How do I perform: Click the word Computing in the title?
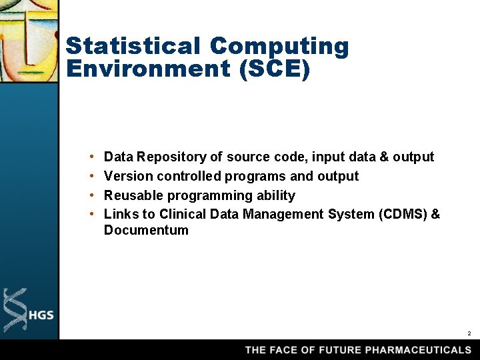click(x=279, y=47)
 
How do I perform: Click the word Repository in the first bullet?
click(x=172, y=157)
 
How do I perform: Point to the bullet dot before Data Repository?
click(x=90, y=157)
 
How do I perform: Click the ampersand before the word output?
click(x=383, y=157)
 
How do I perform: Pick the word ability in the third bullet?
click(x=273, y=196)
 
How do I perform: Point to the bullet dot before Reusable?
click(x=90, y=196)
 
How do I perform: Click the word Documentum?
click(x=146, y=231)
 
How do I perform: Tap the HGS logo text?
click(x=41, y=315)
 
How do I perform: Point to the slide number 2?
click(x=469, y=333)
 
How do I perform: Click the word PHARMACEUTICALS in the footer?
click(x=418, y=350)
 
